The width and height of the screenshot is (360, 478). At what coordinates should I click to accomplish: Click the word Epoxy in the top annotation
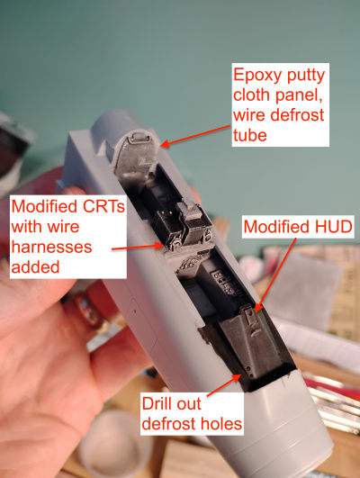pyautogui.click(x=255, y=76)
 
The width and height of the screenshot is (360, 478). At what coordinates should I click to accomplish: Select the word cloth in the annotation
pyautogui.click(x=252, y=95)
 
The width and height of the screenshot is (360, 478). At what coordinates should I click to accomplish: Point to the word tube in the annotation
pyautogui.click(x=250, y=135)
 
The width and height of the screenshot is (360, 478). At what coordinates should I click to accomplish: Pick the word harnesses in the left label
pyautogui.click(x=51, y=247)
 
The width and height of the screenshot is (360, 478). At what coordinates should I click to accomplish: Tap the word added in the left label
pyautogui.click(x=35, y=267)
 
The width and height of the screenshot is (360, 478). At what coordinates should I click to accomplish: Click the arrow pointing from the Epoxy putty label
pyautogui.click(x=195, y=135)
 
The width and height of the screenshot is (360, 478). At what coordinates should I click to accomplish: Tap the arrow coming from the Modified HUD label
pyautogui.click(x=275, y=275)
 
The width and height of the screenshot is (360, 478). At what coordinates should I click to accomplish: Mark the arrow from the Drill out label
pyautogui.click(x=224, y=385)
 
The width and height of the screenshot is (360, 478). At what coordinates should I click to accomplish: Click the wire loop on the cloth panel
pyautogui.click(x=139, y=140)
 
